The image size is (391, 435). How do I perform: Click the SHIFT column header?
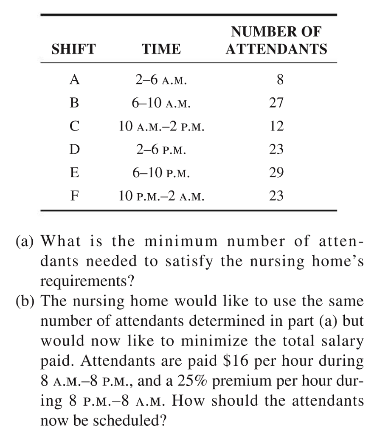click(73, 49)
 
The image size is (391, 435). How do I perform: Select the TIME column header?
click(161, 49)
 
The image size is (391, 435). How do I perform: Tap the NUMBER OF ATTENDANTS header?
click(276, 40)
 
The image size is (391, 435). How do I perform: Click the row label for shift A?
click(73, 79)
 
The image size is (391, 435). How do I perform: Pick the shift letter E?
click(73, 173)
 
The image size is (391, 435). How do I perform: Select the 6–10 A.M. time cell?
click(161, 103)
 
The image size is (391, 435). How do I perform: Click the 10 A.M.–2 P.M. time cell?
click(161, 126)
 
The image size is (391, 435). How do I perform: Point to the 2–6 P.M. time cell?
click(161, 150)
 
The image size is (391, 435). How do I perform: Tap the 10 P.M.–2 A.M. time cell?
click(161, 196)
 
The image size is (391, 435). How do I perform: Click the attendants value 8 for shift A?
click(279, 79)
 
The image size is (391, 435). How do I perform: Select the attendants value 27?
click(276, 103)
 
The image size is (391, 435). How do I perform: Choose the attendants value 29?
click(276, 173)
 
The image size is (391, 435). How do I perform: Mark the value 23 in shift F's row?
click(276, 196)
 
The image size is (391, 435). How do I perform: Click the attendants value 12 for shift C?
click(276, 126)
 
